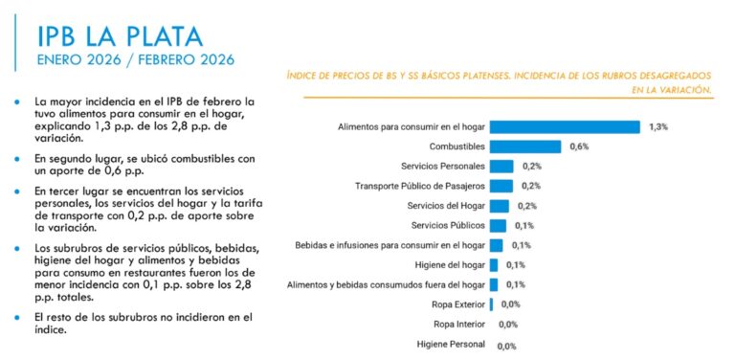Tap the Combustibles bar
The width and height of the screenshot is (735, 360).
(524, 146)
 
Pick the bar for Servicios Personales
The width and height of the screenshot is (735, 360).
(501, 166)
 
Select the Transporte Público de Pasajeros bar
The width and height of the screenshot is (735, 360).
(501, 186)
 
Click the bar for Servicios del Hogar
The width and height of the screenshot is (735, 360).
(499, 206)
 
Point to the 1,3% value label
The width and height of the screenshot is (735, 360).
(658, 126)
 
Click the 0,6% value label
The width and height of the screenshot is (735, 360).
(579, 146)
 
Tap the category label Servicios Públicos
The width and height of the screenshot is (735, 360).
(447, 226)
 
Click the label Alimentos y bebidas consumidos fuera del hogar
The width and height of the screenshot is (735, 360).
(387, 284)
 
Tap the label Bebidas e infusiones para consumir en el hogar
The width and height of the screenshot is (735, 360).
(390, 245)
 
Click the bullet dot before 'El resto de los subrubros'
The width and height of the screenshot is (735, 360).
(17, 317)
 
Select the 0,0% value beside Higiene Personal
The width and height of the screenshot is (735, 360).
(507, 345)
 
